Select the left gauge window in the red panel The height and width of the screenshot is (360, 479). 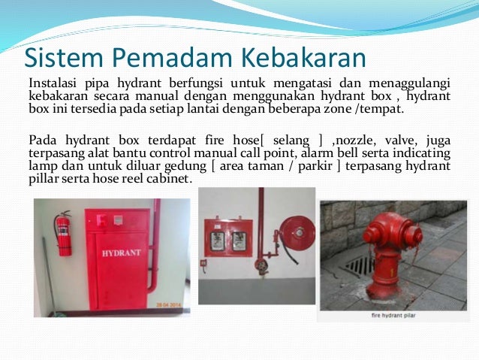216,241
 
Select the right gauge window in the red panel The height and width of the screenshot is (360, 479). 239,241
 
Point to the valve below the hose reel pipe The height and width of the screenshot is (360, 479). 261,266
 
